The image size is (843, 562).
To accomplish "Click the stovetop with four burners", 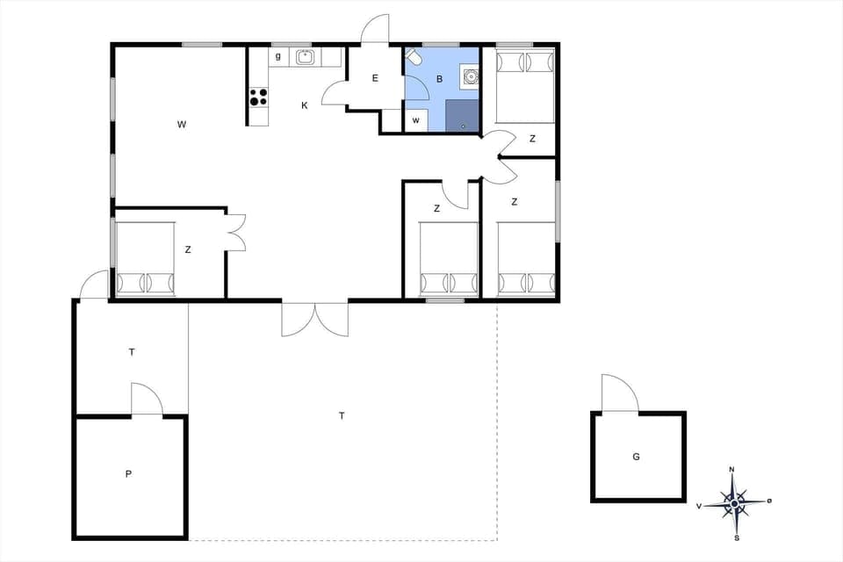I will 258,97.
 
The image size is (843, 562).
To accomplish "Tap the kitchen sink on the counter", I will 305,57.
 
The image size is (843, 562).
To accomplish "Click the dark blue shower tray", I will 462,115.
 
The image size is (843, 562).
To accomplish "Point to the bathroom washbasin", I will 470,77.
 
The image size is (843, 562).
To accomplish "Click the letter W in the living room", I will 181,125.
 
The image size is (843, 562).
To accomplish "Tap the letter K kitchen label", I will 305,105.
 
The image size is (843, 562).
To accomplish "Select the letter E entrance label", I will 375,78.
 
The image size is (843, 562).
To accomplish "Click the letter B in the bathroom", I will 439,79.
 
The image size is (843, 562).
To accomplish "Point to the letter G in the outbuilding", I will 636,456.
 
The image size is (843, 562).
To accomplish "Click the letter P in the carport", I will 128,474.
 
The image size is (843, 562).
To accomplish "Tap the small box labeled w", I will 415,119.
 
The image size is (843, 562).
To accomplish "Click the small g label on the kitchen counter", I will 277,57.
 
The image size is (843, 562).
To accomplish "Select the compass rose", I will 733,503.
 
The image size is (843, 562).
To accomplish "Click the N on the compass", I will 732,470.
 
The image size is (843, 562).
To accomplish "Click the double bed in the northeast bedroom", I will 525,85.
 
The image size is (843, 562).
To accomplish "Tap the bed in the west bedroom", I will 145,261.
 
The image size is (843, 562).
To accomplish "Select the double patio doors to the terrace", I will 314,319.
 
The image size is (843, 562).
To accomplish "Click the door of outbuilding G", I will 620,394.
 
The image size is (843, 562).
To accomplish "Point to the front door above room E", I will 375,29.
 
